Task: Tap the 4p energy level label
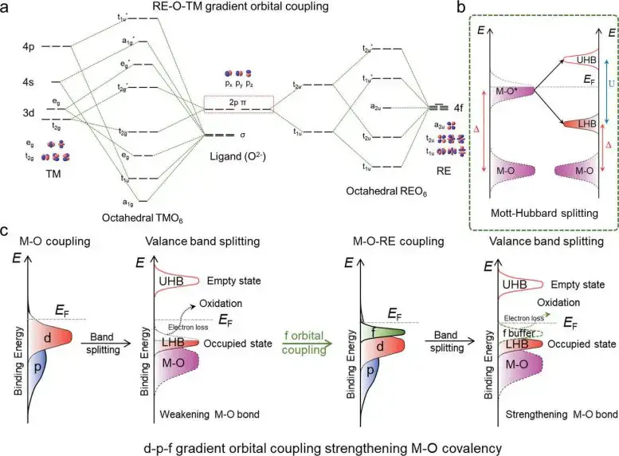(x=29, y=47)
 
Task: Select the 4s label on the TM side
(x=29, y=82)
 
